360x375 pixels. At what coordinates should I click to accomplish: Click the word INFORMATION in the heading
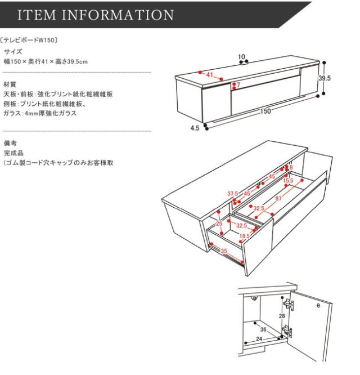(120, 15)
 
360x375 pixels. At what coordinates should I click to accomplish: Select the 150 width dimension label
(265, 111)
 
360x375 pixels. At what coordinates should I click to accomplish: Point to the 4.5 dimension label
(195, 128)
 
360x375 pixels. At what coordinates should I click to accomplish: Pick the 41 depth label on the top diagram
(210, 75)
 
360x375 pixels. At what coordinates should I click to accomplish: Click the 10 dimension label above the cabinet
(242, 56)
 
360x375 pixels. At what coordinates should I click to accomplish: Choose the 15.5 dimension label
(288, 181)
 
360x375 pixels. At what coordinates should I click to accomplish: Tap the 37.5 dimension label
(232, 194)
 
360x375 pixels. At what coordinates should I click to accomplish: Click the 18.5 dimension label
(245, 236)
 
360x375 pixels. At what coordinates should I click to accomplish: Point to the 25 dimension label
(219, 224)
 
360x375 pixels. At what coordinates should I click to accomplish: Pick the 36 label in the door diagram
(263, 330)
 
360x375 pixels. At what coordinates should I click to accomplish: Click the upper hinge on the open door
(289, 305)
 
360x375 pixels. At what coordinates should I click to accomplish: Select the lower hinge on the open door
(288, 332)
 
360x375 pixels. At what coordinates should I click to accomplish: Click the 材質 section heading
(10, 84)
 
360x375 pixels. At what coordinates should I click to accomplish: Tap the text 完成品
(12, 153)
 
